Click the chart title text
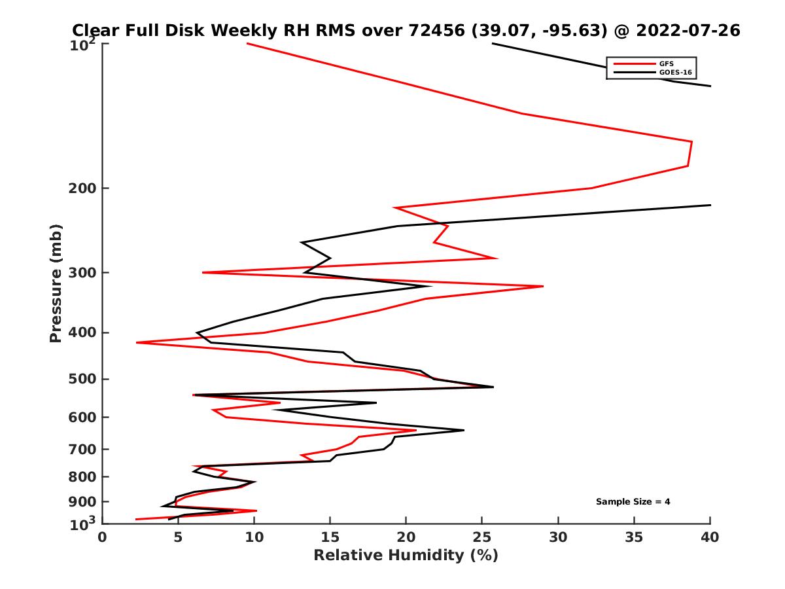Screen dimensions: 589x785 406,31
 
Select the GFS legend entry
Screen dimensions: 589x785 668,63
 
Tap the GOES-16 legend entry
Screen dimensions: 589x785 674,72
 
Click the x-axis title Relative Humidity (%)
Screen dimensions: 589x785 406,556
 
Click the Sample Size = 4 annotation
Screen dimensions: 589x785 633,502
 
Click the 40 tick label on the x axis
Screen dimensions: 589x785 710,537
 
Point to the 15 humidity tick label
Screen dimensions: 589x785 330,537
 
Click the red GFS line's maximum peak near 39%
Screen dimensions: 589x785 691,142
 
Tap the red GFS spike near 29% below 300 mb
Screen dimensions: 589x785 542,286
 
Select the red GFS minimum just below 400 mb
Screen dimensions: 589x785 137,342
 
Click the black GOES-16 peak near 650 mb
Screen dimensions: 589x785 463,430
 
